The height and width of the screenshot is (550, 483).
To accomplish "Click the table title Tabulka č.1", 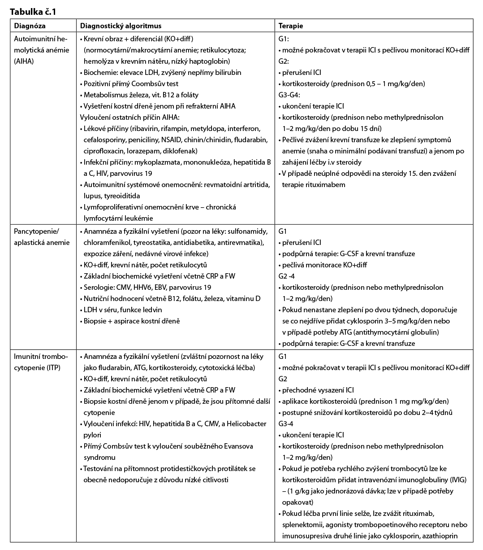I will pos(33,12).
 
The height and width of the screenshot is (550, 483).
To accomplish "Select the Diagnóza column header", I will pos(30,26).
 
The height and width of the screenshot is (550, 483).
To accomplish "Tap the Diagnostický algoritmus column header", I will pos(121,26).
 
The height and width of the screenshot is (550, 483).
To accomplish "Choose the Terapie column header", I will pos(291,26).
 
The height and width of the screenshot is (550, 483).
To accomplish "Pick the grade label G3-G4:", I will pos(289,95).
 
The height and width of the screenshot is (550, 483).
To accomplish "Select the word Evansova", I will pos(238,446).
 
